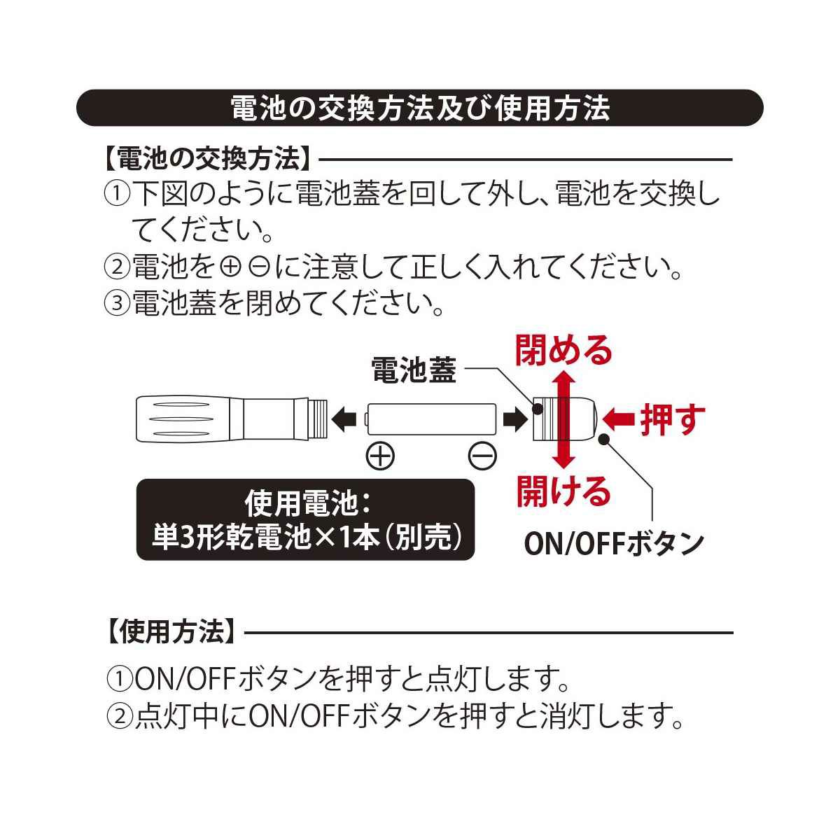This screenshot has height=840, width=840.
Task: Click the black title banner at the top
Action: [420, 108]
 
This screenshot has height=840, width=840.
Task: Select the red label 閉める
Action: [563, 350]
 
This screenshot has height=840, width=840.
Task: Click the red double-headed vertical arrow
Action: [563, 420]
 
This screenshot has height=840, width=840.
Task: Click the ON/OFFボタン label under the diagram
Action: [614, 543]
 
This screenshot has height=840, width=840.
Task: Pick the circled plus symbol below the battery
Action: [380, 456]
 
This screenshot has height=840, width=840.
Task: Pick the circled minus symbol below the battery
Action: [482, 456]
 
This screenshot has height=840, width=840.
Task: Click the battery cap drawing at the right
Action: [563, 419]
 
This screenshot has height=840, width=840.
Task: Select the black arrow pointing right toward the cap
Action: [516, 419]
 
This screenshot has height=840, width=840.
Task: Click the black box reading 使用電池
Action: [305, 519]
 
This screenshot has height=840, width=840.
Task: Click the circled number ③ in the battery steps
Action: [117, 302]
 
